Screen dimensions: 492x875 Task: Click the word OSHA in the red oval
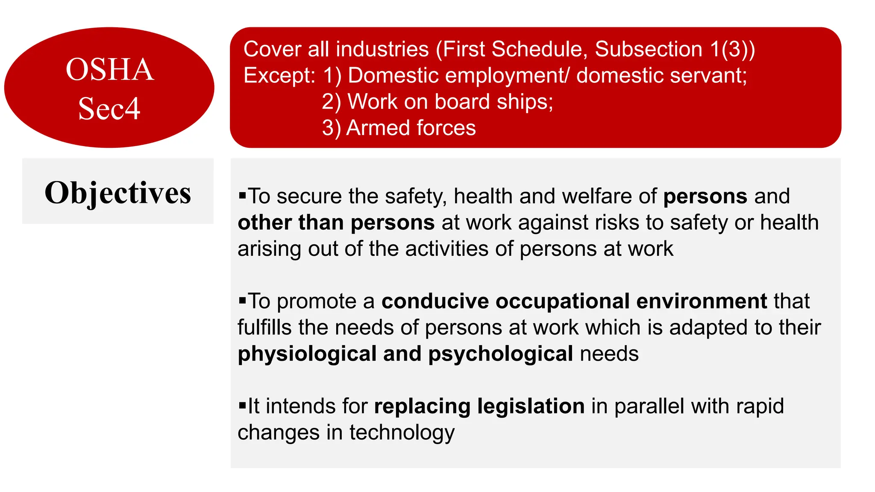[110, 69]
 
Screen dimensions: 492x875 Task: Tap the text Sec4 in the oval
[109, 108]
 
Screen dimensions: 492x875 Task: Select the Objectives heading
[118, 193]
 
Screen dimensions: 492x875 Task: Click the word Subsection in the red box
[649, 49]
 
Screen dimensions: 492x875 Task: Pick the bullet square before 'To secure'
[243, 196]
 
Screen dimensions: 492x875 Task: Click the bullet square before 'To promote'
[243, 301]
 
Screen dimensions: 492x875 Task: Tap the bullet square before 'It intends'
[243, 405]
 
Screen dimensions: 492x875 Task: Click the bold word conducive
[435, 301]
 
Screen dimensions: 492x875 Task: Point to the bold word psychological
[500, 354]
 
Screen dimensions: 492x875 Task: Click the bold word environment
[702, 301]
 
